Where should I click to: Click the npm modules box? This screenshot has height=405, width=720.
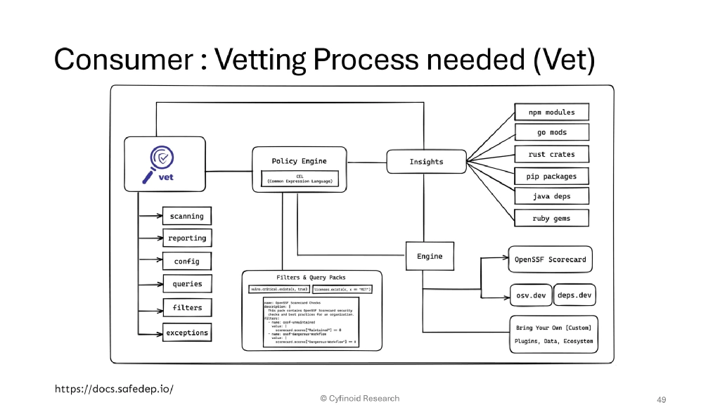coord(551,112)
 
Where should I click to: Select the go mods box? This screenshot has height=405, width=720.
coord(551,132)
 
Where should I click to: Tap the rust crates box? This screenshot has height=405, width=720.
coord(551,154)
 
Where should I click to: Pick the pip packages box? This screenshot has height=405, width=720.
coord(551,176)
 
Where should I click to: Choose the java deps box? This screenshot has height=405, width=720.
coord(551,196)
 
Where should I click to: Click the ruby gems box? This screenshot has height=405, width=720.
coord(551,218)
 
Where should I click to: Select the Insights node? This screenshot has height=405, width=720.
coord(426,162)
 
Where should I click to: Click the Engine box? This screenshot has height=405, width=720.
coord(430,257)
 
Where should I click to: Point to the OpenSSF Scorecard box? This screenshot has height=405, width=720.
coord(550,259)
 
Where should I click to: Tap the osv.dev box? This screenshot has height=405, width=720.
coord(530,295)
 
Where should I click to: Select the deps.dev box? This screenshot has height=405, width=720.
coord(575,295)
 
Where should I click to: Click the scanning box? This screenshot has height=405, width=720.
coord(186,217)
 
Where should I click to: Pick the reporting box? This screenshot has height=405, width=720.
coord(187,238)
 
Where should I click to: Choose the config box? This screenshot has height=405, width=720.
coord(186,261)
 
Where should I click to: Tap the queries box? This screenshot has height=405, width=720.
coord(187,284)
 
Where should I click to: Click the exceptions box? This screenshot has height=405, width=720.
coord(187,333)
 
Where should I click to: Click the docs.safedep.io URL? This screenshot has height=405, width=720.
coord(114,388)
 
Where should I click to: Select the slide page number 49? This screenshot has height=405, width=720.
coord(660,399)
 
